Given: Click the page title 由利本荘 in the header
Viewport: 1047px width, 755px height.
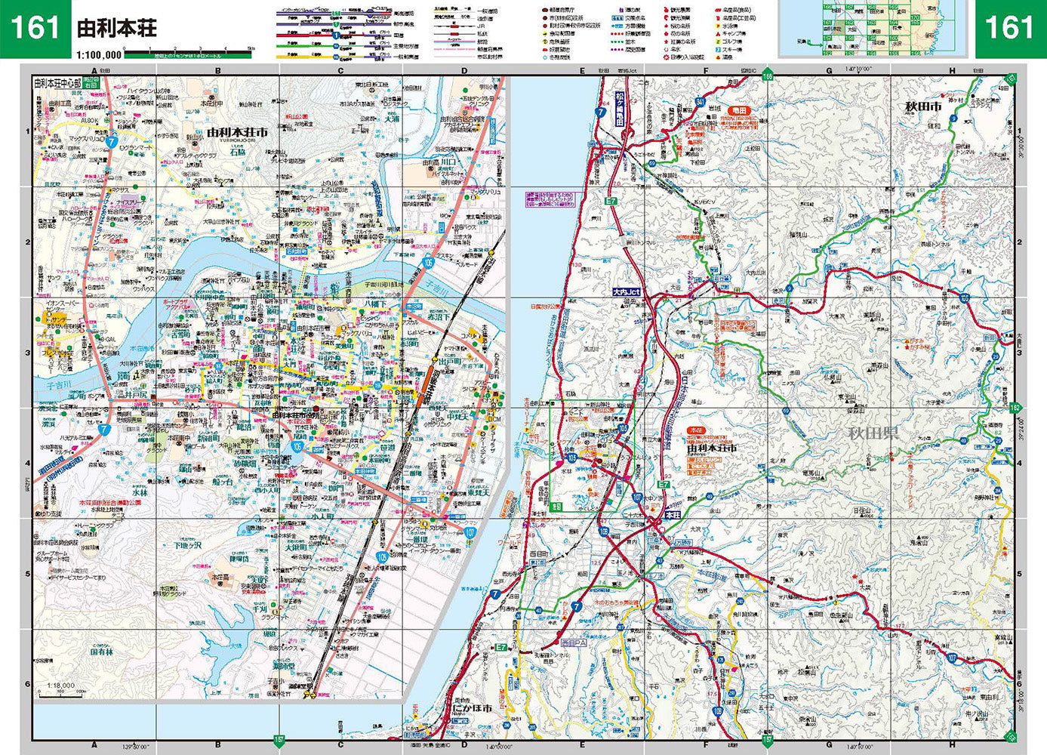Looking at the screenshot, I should (117, 29).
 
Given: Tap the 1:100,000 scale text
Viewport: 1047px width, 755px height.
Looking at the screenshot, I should (99, 54).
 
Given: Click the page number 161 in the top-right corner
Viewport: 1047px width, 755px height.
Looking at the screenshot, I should (1009, 29).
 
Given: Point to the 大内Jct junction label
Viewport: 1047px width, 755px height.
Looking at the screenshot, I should (626, 291).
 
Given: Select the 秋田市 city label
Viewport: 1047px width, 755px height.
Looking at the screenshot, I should (924, 107).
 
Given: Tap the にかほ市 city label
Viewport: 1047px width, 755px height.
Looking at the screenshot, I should (473, 708).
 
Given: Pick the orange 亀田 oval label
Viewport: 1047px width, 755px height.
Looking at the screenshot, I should (738, 111).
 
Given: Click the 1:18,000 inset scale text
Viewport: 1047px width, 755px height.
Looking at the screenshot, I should (60, 686).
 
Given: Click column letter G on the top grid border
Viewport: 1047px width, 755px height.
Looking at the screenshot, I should (829, 71).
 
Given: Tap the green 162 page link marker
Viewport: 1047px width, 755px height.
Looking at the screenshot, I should (1015, 408).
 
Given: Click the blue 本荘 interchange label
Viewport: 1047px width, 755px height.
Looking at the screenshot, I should (673, 514).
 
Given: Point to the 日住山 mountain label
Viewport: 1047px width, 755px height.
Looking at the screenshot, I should (862, 510).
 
